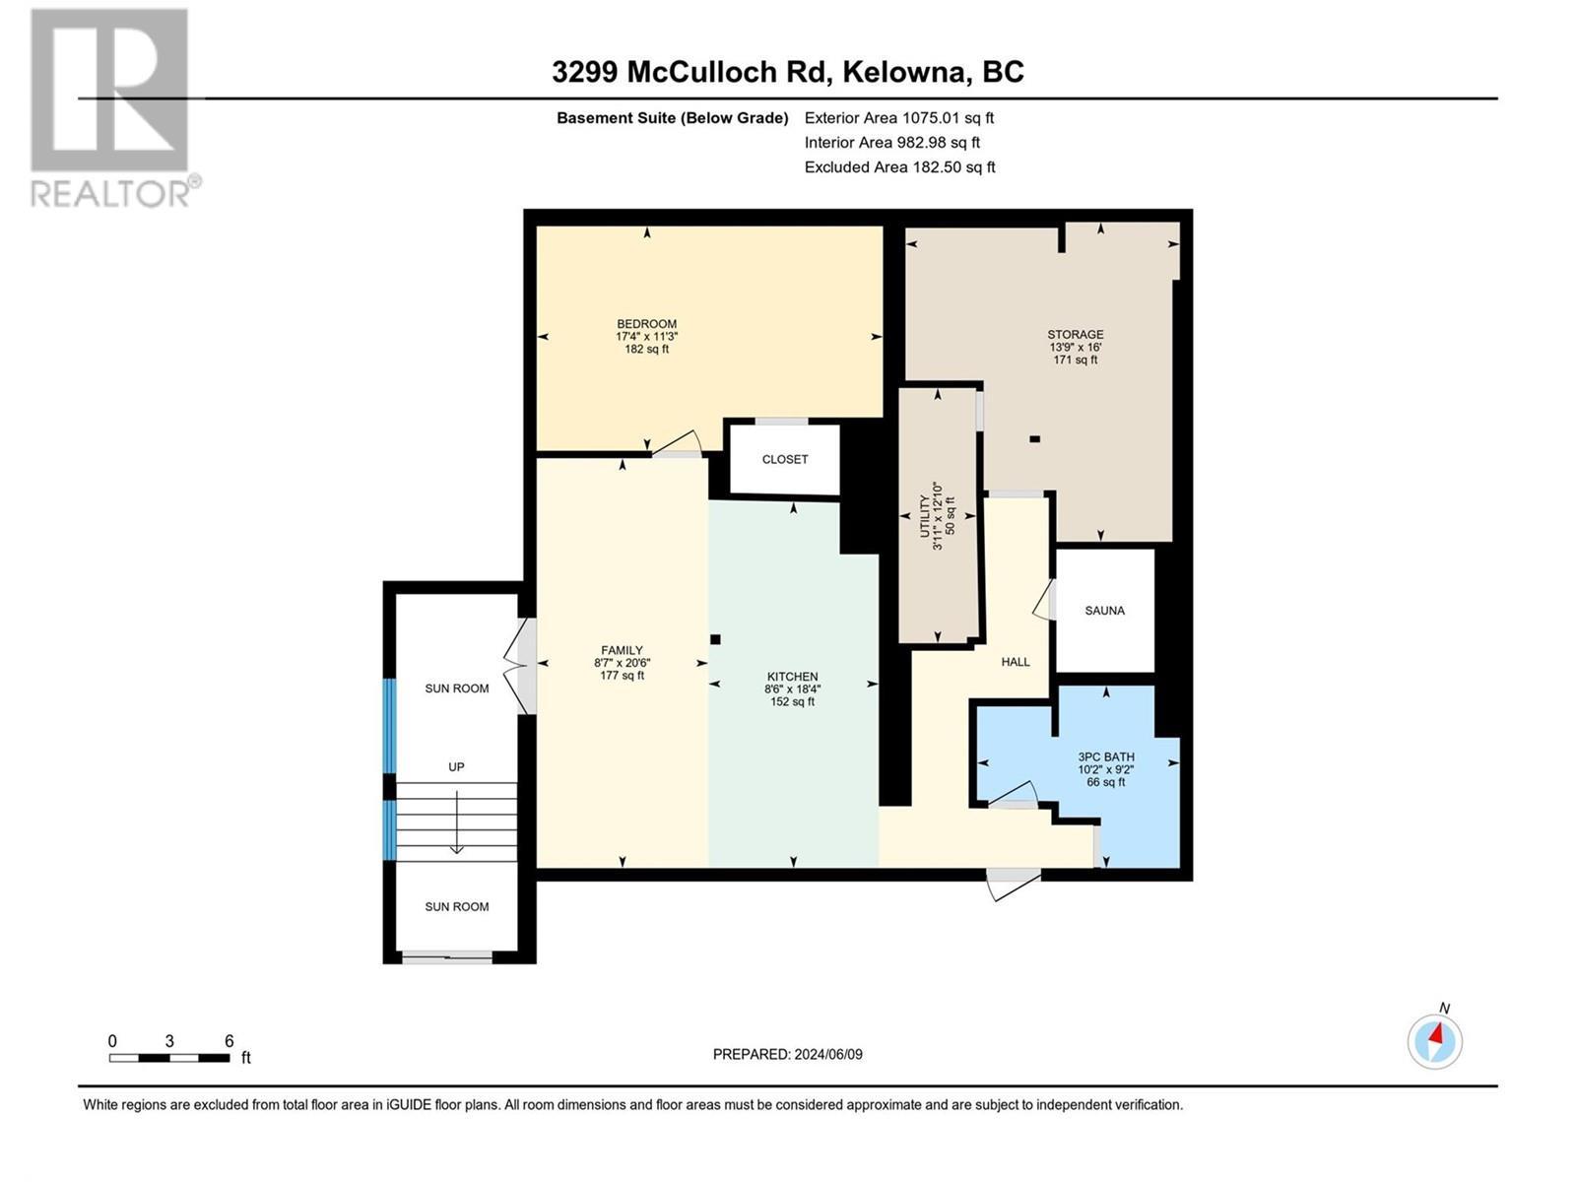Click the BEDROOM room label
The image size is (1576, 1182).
(x=646, y=324)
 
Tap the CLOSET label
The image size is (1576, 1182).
(x=785, y=459)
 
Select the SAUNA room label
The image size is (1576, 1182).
(x=1104, y=611)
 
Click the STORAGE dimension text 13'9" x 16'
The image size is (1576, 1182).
(x=1075, y=348)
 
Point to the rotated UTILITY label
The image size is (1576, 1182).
(x=925, y=516)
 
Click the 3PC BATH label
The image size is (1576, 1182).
(x=1106, y=756)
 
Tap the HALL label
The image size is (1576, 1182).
(x=1015, y=662)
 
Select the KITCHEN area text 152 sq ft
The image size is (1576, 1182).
(x=792, y=702)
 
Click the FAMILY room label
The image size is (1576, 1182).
(x=622, y=650)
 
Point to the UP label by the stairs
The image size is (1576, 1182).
(x=456, y=766)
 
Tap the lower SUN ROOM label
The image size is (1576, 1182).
(x=456, y=906)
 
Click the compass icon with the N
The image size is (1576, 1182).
(x=1435, y=1040)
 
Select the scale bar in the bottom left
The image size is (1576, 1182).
(x=169, y=1058)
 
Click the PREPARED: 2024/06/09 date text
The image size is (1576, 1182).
(x=787, y=1054)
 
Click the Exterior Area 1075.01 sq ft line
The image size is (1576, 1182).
(x=898, y=118)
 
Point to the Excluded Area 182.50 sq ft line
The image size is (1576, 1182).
(x=899, y=167)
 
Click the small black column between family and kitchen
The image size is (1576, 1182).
(x=716, y=639)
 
